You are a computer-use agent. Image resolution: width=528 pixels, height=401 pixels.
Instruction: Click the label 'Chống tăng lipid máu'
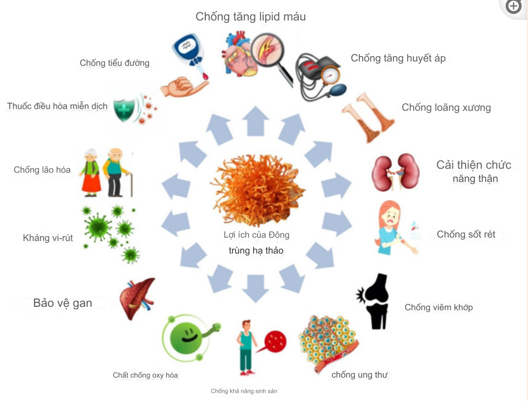coord(251,17)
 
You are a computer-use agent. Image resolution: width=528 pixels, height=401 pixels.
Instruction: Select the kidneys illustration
coord(392,172)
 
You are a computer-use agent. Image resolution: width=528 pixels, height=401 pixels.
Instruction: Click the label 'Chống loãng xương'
coord(446,107)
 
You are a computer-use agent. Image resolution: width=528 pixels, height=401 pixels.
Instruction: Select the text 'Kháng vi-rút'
coord(48,238)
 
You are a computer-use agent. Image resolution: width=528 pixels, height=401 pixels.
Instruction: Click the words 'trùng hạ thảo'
coord(256,251)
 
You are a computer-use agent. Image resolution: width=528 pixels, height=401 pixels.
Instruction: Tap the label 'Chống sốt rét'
coord(466,235)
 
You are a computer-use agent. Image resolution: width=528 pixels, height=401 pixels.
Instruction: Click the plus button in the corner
coord(513,6)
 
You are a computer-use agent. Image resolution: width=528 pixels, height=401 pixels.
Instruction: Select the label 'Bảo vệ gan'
coord(62,303)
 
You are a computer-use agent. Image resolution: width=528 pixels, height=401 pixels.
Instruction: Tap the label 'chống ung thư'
coord(359,375)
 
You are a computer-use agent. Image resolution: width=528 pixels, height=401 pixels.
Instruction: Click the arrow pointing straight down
coord(255,287)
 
